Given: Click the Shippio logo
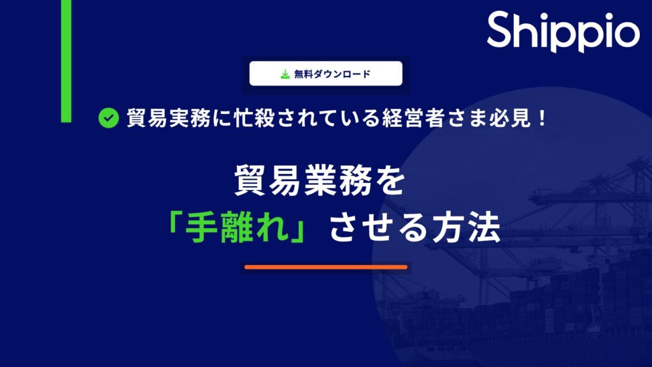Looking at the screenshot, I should (563, 32).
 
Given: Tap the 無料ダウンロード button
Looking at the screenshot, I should (325, 73).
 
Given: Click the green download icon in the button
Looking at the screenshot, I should (285, 74).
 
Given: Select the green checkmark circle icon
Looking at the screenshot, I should (109, 118).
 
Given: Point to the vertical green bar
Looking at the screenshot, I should (66, 61).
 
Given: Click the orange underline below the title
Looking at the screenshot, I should (325, 267).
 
